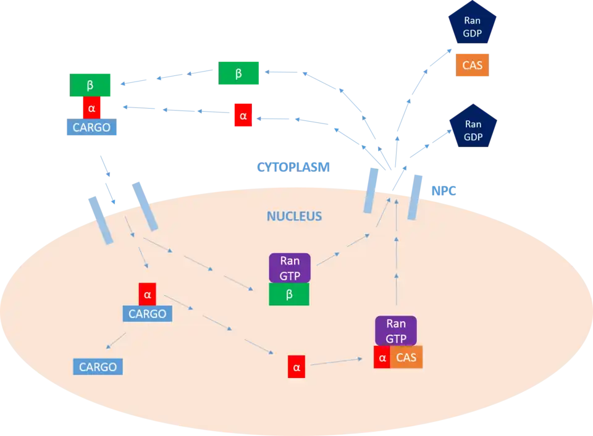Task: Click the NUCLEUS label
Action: (x=294, y=217)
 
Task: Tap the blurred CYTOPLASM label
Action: (x=294, y=167)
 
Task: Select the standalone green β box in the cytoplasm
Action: (x=238, y=74)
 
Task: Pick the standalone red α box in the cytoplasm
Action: (x=243, y=115)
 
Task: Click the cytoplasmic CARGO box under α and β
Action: (x=91, y=128)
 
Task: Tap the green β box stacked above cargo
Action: (x=90, y=85)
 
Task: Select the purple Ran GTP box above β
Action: (x=289, y=268)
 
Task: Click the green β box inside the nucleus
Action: (x=289, y=295)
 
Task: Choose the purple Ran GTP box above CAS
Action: (x=396, y=330)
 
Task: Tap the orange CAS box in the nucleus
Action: (x=406, y=357)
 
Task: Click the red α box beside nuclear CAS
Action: (x=382, y=357)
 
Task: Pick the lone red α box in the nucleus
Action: (x=296, y=367)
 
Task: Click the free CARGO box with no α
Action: (x=98, y=367)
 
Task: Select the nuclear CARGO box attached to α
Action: (x=147, y=314)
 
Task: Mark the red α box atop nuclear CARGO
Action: (x=147, y=295)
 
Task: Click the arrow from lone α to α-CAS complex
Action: (x=337, y=362)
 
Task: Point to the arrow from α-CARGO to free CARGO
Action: (x=116, y=341)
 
